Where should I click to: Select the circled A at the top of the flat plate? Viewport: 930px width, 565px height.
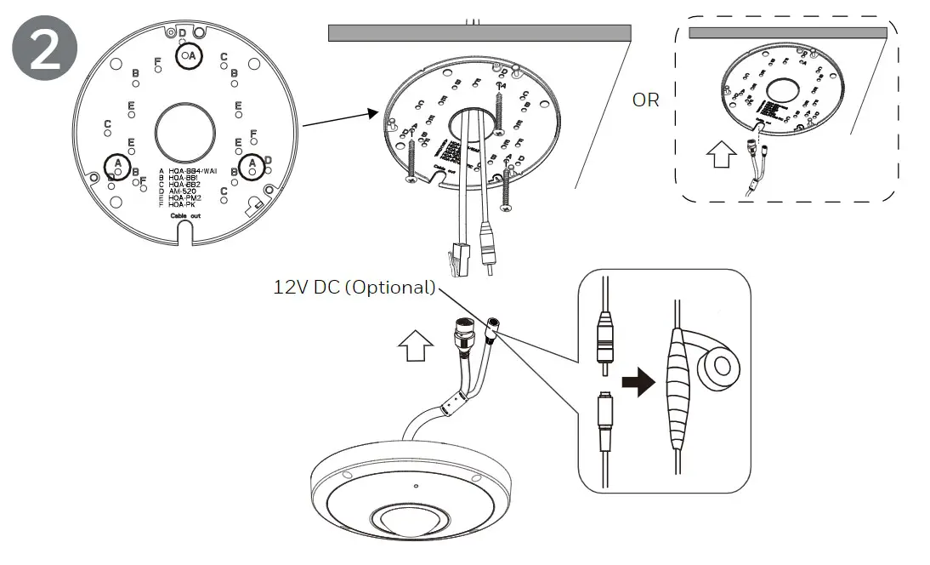pos(190,56)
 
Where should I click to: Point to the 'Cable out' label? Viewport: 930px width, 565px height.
pos(184,218)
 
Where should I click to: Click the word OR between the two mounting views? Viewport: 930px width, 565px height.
pos(645,100)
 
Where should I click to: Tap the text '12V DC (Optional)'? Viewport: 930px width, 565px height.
pos(354,287)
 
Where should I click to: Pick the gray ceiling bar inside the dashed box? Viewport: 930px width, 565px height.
pos(787,32)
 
